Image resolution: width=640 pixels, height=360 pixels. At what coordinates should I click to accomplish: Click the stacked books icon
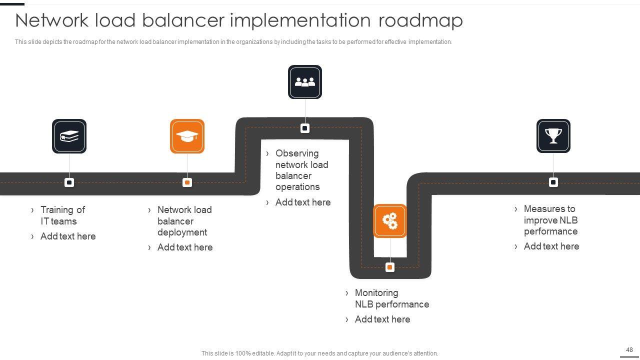click(x=69, y=136)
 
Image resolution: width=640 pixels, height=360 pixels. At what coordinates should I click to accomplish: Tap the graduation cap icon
click(x=187, y=136)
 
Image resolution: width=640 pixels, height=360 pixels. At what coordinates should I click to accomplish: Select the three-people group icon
click(x=305, y=82)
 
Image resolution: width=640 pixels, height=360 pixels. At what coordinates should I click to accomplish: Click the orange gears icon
click(x=390, y=220)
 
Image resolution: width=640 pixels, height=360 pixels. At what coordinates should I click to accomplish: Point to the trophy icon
click(x=553, y=136)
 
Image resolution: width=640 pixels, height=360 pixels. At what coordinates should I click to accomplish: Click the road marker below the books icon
click(x=69, y=182)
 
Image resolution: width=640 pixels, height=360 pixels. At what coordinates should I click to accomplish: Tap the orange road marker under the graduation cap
click(x=187, y=182)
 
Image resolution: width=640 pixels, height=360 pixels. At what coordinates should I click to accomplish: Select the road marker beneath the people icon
click(x=305, y=128)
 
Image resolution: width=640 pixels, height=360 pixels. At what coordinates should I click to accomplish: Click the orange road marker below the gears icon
click(x=390, y=267)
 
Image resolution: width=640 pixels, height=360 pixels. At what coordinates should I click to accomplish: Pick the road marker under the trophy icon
click(x=553, y=182)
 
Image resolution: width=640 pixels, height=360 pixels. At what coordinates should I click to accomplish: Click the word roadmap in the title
click(x=420, y=20)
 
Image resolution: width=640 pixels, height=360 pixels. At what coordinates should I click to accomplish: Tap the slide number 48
click(x=629, y=350)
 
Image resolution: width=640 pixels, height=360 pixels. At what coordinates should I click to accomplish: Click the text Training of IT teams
click(x=62, y=215)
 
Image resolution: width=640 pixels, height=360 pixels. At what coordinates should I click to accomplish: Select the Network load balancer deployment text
click(x=184, y=221)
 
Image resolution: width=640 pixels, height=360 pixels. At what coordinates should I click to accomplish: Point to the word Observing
click(x=297, y=153)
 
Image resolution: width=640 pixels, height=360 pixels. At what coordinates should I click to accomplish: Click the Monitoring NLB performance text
click(x=391, y=298)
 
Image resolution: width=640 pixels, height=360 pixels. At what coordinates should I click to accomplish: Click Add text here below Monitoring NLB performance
click(x=382, y=319)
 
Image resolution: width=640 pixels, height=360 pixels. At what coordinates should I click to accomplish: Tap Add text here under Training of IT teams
click(x=67, y=236)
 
